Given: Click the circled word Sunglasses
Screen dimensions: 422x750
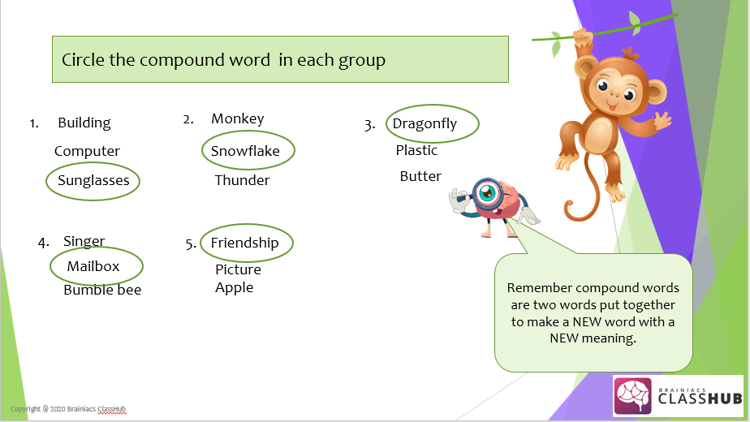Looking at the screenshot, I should [93, 181].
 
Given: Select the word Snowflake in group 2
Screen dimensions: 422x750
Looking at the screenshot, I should [245, 151].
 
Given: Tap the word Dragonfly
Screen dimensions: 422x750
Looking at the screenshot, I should [425, 124].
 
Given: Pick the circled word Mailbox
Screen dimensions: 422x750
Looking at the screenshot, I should [93, 266].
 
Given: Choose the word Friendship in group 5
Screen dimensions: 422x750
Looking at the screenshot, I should [244, 243].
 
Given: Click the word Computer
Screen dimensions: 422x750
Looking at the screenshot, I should [87, 151].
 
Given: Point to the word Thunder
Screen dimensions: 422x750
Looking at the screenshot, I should [242, 180].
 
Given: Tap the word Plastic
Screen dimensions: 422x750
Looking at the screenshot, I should [416, 150].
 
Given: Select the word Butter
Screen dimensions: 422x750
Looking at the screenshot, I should [420, 176].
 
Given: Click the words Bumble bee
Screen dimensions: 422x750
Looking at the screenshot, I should [102, 290].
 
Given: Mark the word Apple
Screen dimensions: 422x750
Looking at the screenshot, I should [234, 287].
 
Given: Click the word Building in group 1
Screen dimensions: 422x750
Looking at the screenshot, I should [84, 123].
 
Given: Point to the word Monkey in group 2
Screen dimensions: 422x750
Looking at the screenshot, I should [238, 118].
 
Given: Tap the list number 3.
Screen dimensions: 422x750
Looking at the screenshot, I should [369, 125].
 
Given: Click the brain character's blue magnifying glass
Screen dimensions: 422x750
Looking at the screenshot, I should [485, 192].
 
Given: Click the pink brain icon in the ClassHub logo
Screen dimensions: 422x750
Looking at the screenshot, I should [633, 396].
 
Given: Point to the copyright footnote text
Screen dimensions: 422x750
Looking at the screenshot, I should [67, 408].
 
